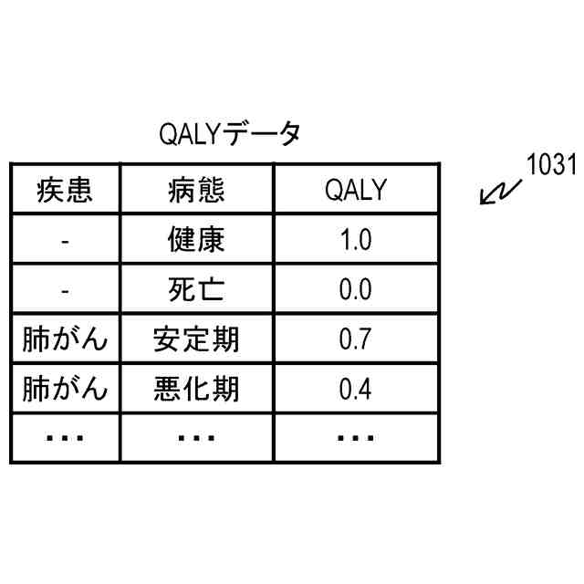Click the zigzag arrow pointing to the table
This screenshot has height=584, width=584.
click(500, 193)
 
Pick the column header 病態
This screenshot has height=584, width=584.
click(196, 191)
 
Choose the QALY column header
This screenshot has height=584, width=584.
click(355, 191)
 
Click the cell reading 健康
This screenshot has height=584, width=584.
click(196, 241)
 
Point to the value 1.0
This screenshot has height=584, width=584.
click(355, 241)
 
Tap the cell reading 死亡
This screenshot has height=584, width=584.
click(196, 290)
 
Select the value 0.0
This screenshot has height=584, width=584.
click(355, 290)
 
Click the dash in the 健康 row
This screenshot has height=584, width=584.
click(65, 242)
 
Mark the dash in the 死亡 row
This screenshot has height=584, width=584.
click(65, 291)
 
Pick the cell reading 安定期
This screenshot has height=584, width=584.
click(196, 340)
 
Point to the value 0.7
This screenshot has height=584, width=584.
click(355, 340)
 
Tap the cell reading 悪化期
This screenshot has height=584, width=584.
click(196, 390)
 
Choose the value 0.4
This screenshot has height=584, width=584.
click(355, 390)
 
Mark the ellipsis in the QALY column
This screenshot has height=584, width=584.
click(355, 439)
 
